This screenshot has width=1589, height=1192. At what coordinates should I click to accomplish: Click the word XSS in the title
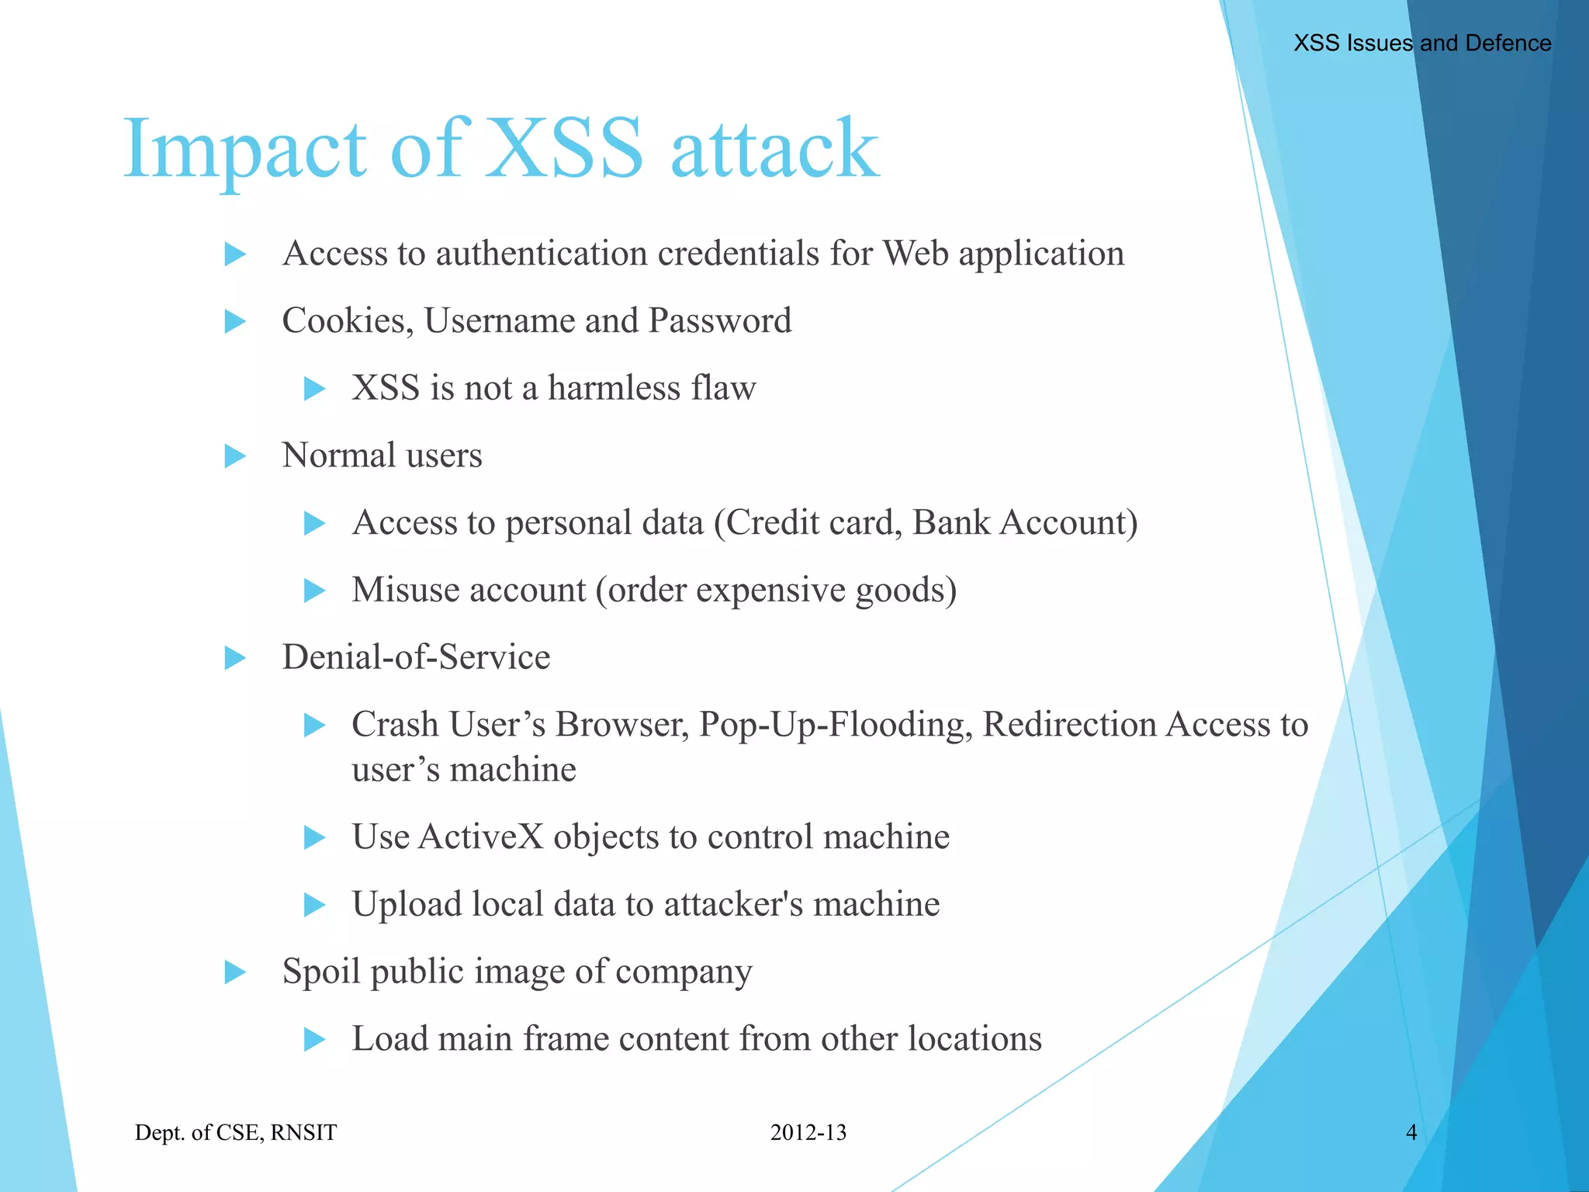pyautogui.click(x=564, y=147)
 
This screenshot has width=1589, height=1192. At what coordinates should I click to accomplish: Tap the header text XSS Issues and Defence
pyautogui.click(x=1421, y=43)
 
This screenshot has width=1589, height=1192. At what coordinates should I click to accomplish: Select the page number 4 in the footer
pyautogui.click(x=1411, y=1132)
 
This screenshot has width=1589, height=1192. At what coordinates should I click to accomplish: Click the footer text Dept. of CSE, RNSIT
pyautogui.click(x=236, y=1132)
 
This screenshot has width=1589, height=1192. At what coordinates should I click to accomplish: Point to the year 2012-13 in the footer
pyautogui.click(x=808, y=1132)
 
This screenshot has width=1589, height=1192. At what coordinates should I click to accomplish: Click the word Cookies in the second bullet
pyautogui.click(x=347, y=321)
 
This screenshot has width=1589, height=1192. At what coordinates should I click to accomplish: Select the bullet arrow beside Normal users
pyautogui.click(x=235, y=456)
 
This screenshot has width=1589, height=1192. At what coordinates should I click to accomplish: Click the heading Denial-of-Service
pyautogui.click(x=416, y=657)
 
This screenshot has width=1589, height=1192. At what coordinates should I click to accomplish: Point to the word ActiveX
pyautogui.click(x=480, y=837)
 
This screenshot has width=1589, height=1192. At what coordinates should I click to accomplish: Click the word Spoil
pyautogui.click(x=321, y=972)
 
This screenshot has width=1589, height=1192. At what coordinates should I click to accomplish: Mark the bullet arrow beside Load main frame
pyautogui.click(x=314, y=1039)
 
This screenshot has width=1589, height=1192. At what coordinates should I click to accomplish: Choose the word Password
pyautogui.click(x=719, y=321)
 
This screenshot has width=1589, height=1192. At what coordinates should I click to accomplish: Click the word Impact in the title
pyautogui.click(x=244, y=147)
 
